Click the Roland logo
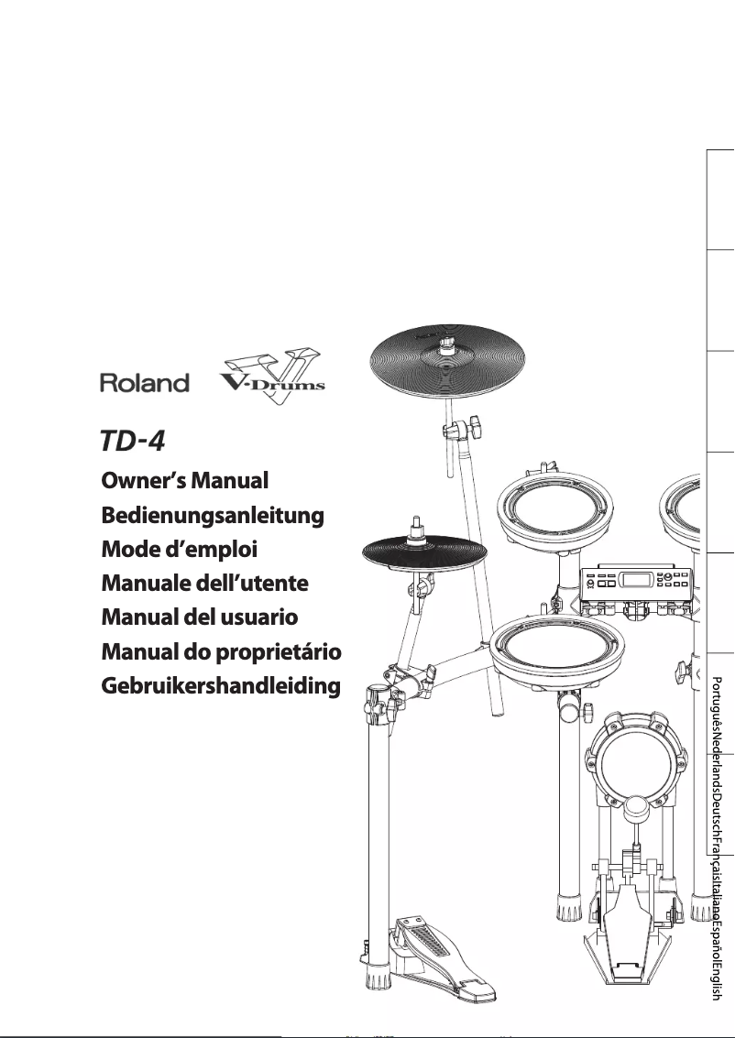[144, 383]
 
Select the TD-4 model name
[132, 441]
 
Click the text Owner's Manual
[183, 480]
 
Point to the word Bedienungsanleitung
[212, 516]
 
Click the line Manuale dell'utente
[203, 584]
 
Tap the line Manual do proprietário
[220, 651]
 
